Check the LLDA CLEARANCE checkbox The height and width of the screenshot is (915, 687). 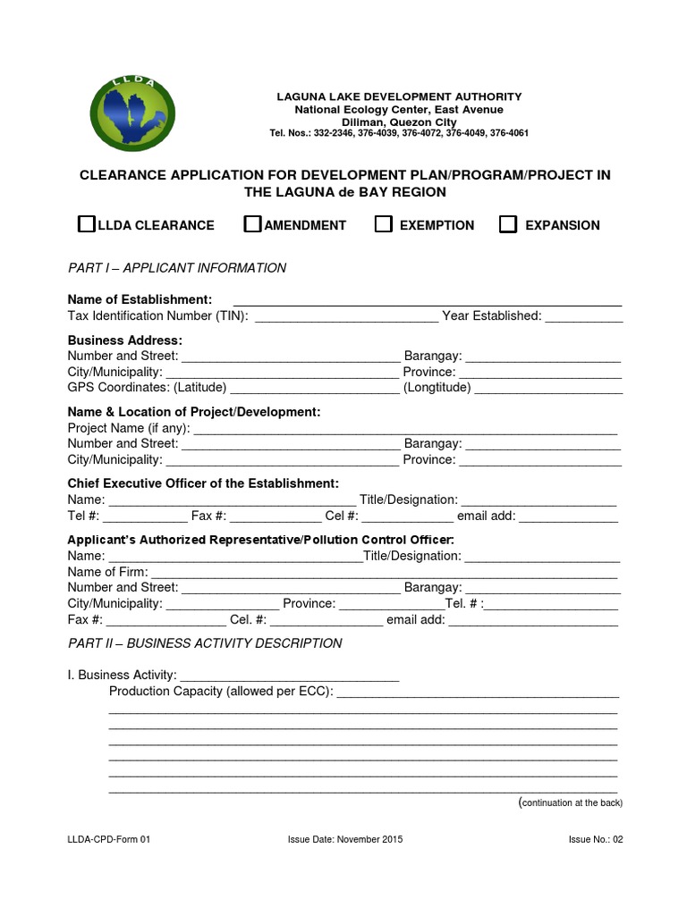(x=86, y=224)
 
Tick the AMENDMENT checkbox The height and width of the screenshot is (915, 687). (x=252, y=224)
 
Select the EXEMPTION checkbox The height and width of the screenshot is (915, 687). (x=383, y=224)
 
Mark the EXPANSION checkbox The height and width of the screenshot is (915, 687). (x=508, y=224)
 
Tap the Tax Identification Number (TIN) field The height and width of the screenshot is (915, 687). (x=346, y=316)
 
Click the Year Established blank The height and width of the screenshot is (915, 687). (x=584, y=316)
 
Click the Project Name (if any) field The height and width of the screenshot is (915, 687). (x=405, y=429)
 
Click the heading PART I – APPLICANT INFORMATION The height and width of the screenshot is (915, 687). (x=177, y=268)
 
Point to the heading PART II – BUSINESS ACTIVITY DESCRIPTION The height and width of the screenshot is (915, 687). (x=205, y=643)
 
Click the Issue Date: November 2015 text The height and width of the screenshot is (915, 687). (x=345, y=840)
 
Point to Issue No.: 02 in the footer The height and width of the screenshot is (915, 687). (x=595, y=840)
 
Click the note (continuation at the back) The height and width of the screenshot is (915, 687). (x=571, y=803)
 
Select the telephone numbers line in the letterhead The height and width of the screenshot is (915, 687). (x=398, y=133)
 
